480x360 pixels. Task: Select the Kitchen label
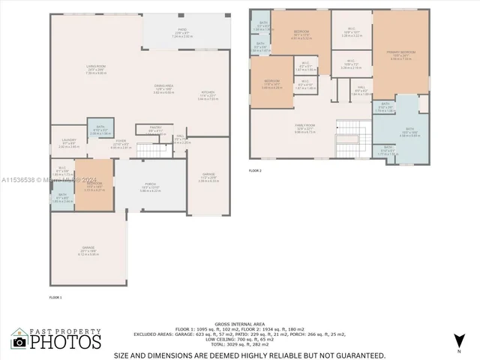pos(207,95)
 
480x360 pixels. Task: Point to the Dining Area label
pos(164,88)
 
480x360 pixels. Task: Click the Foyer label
pos(120,141)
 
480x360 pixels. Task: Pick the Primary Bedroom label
pos(401,52)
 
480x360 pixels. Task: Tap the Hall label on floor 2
pos(361,88)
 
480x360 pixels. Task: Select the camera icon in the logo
pos(19,341)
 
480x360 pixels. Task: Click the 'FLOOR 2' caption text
pos(256,170)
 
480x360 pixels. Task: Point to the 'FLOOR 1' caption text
pos(55,297)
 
